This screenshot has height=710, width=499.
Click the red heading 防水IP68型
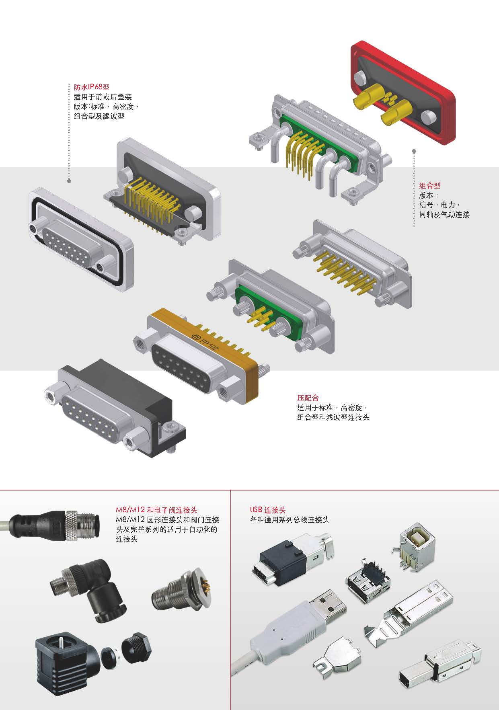(x=92, y=87)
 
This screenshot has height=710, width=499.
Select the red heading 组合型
(x=430, y=186)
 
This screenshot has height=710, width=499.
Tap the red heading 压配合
(x=308, y=398)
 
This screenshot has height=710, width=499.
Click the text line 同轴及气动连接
(x=444, y=215)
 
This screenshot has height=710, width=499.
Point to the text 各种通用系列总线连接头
(x=289, y=520)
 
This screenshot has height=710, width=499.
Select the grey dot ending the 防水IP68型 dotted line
(x=69, y=181)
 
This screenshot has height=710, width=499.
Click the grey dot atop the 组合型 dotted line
(x=414, y=152)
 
